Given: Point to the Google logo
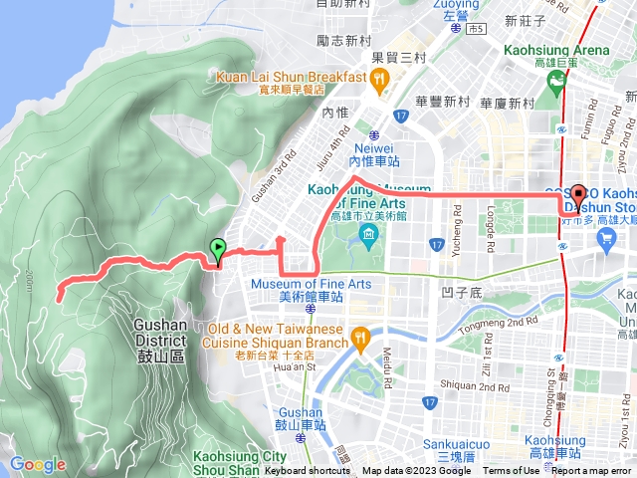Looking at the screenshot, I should click(x=37, y=463).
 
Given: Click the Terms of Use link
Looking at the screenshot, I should click(x=512, y=471).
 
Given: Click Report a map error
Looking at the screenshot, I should click(x=592, y=471).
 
